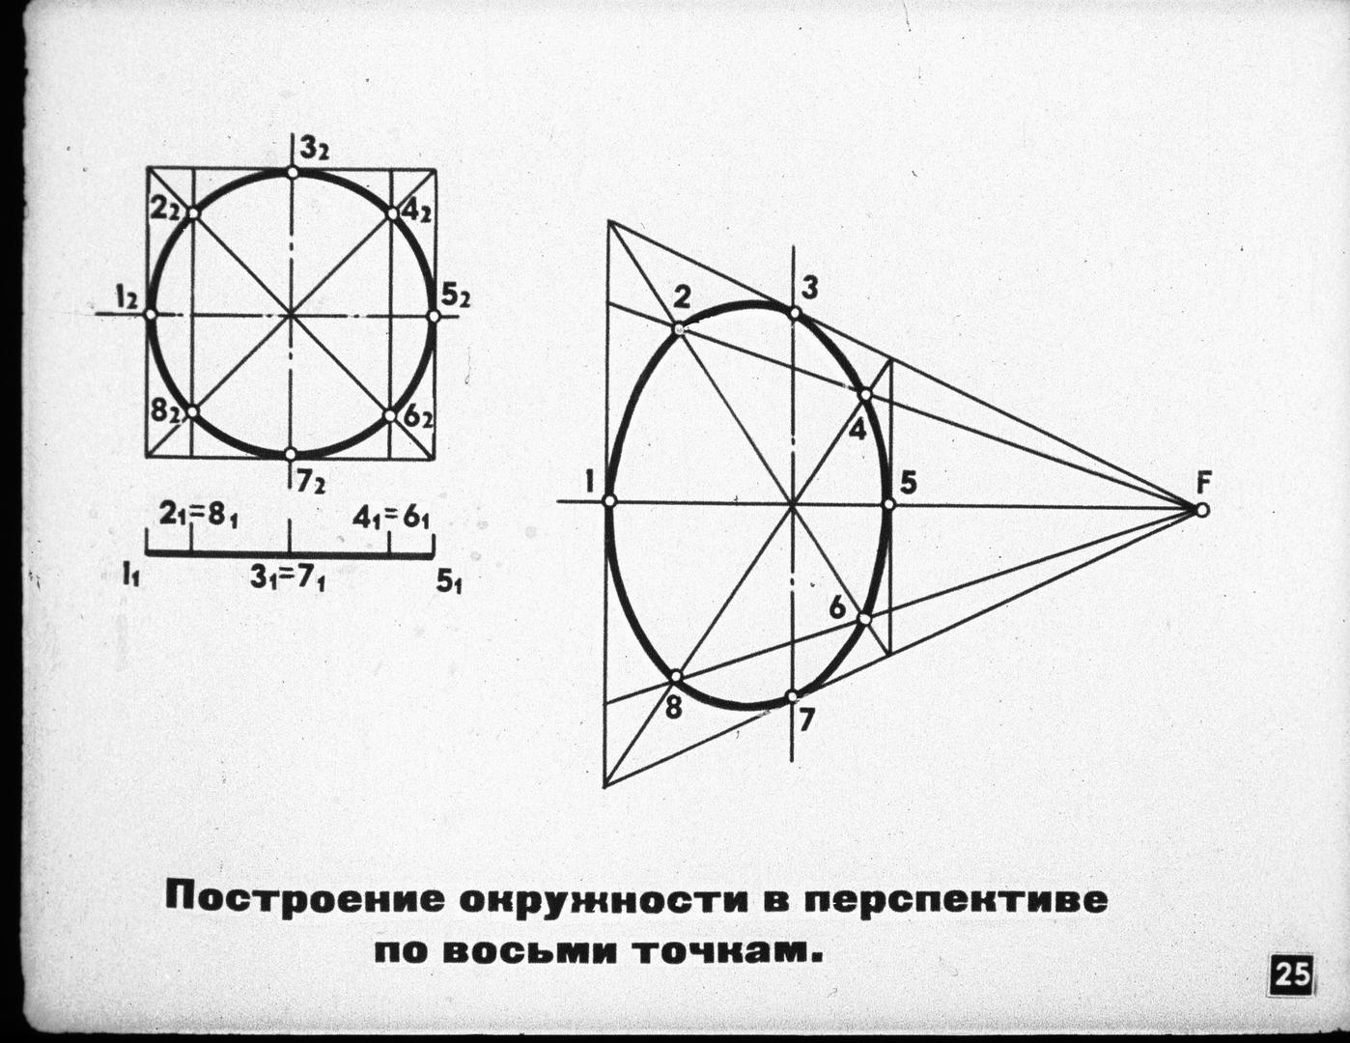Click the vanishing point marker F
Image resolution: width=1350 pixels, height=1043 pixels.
1202,510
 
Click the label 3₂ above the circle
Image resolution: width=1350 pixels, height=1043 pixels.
315,150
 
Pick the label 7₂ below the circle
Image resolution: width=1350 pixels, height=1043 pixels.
309,483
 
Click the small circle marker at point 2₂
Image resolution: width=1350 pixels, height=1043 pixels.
193,213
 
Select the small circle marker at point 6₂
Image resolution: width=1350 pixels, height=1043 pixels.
389,415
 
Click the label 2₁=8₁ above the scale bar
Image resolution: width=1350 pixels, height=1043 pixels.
198,517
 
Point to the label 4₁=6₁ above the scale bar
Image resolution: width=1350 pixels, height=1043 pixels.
391,518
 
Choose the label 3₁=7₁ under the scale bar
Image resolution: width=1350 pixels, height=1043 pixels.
288,578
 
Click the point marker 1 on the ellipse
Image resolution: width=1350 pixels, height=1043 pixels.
609,501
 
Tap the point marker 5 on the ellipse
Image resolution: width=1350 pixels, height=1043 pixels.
889,504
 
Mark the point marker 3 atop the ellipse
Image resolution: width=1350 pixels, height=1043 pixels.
794,314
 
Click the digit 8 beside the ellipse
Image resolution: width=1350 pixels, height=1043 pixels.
673,709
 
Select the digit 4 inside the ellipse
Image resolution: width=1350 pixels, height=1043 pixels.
858,429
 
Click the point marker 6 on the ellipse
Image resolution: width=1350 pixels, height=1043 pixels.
864,619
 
